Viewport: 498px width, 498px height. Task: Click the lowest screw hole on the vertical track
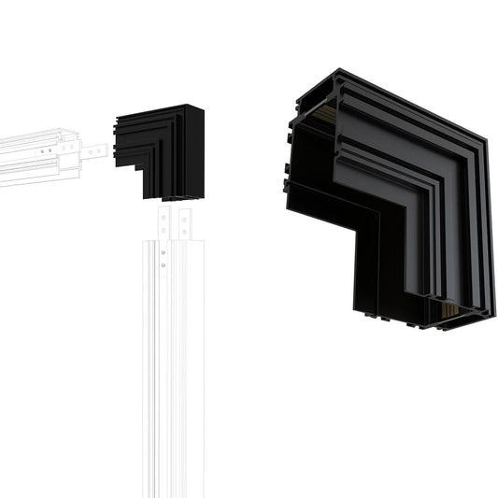pyautogui.click(x=164, y=264)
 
